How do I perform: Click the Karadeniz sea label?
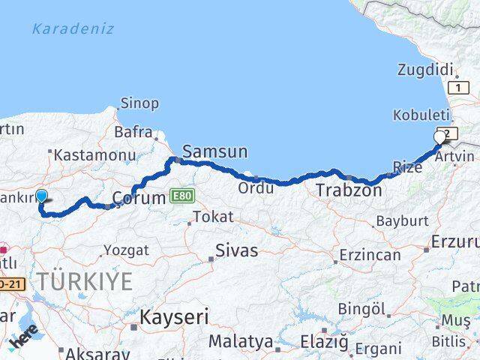pyautogui.click(x=73, y=29)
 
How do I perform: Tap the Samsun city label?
pyautogui.click(x=215, y=151)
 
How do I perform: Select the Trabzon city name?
pyautogui.click(x=349, y=190)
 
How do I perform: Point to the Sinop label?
pyautogui.click(x=140, y=103)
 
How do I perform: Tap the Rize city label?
pyautogui.click(x=408, y=167)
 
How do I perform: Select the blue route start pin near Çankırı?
pyautogui.click(x=41, y=196)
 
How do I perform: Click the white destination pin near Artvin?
pyautogui.click(x=440, y=136)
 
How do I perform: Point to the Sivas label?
pyautogui.click(x=236, y=250)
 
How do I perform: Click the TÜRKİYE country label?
pyautogui.click(x=85, y=282)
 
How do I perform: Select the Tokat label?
pyautogui.click(x=213, y=217)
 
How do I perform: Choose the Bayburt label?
pyautogui.click(x=401, y=222)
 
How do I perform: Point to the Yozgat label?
pyautogui.click(x=127, y=250)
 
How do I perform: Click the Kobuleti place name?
pyautogui.click(x=421, y=115)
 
